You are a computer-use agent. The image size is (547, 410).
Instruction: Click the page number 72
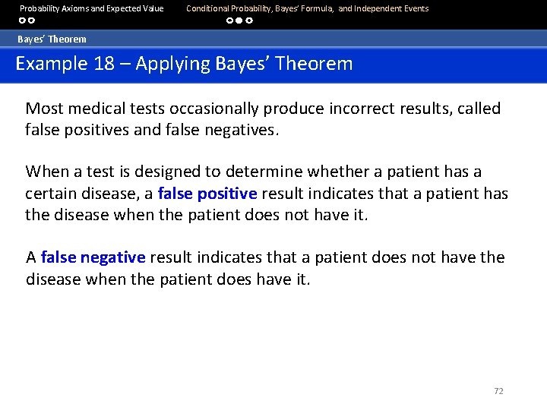tap(498, 391)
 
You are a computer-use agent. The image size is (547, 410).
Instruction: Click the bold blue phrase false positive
tap(207, 194)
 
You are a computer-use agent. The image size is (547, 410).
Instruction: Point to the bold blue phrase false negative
tap(93, 257)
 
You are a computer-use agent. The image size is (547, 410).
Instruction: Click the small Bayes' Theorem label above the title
tap(52, 39)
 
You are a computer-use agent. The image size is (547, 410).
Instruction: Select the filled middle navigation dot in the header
tap(239, 20)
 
